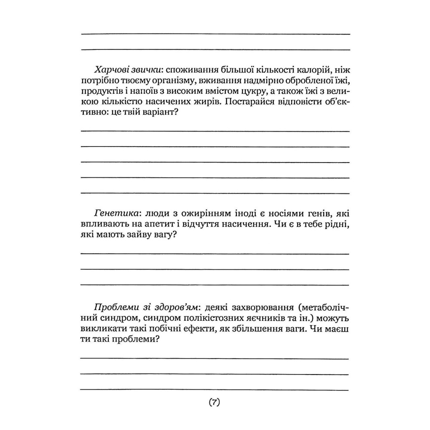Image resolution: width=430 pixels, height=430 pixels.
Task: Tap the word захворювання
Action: click(x=262, y=309)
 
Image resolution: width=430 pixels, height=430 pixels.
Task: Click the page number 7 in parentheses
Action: click(x=215, y=403)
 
